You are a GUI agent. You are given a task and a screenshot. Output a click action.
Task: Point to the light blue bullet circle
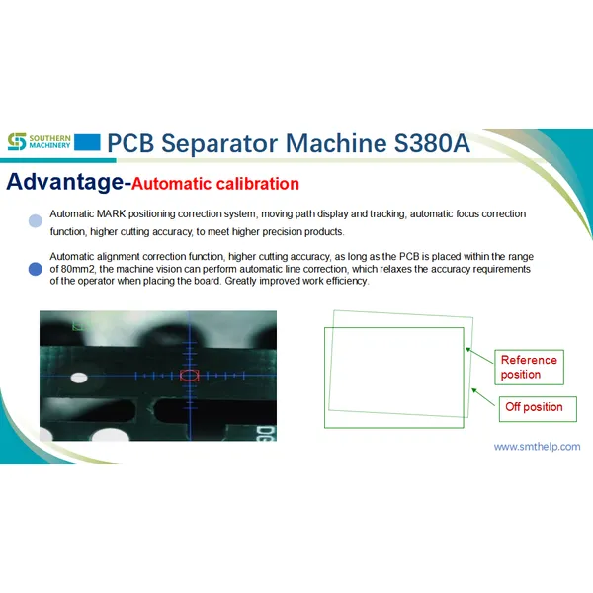click(x=35, y=221)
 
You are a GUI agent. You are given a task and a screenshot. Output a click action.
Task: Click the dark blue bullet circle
click(x=35, y=268)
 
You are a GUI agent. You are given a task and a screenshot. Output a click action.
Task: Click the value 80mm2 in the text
click(x=82, y=269)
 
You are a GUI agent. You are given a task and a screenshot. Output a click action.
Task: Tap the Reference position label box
click(x=530, y=367)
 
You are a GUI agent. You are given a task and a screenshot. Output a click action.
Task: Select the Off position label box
click(x=534, y=407)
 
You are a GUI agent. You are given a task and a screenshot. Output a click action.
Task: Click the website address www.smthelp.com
click(x=537, y=447)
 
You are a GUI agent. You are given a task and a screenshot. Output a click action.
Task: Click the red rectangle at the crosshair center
click(x=190, y=376)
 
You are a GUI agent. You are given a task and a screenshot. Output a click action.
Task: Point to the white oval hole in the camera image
click(x=79, y=378)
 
